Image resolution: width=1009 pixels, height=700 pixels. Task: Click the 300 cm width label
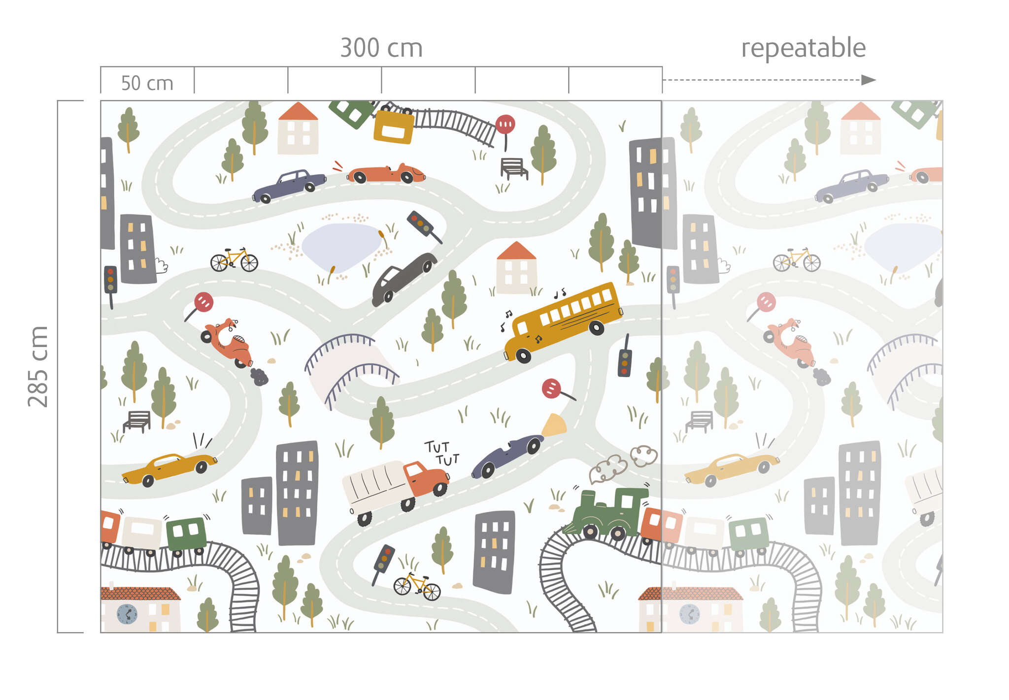click(x=381, y=48)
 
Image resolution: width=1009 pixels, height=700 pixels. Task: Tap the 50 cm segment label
click(x=147, y=83)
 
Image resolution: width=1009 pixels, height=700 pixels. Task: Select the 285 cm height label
click(x=38, y=366)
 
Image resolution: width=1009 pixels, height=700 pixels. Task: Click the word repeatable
click(x=803, y=48)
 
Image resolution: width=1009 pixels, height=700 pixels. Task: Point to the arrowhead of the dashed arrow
click(x=869, y=80)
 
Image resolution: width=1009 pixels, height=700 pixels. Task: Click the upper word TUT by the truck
click(x=437, y=447)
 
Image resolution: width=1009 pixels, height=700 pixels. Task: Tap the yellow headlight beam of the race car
click(x=554, y=425)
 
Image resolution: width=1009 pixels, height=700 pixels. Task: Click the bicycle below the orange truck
click(x=417, y=587)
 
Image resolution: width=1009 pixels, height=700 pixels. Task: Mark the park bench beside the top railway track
click(x=513, y=168)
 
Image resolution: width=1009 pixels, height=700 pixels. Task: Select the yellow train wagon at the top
click(x=394, y=127)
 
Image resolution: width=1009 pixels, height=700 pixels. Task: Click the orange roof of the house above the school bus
click(x=516, y=251)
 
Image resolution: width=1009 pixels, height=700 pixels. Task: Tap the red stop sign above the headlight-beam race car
click(x=552, y=389)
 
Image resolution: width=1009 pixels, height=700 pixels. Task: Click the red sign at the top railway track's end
click(x=505, y=124)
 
